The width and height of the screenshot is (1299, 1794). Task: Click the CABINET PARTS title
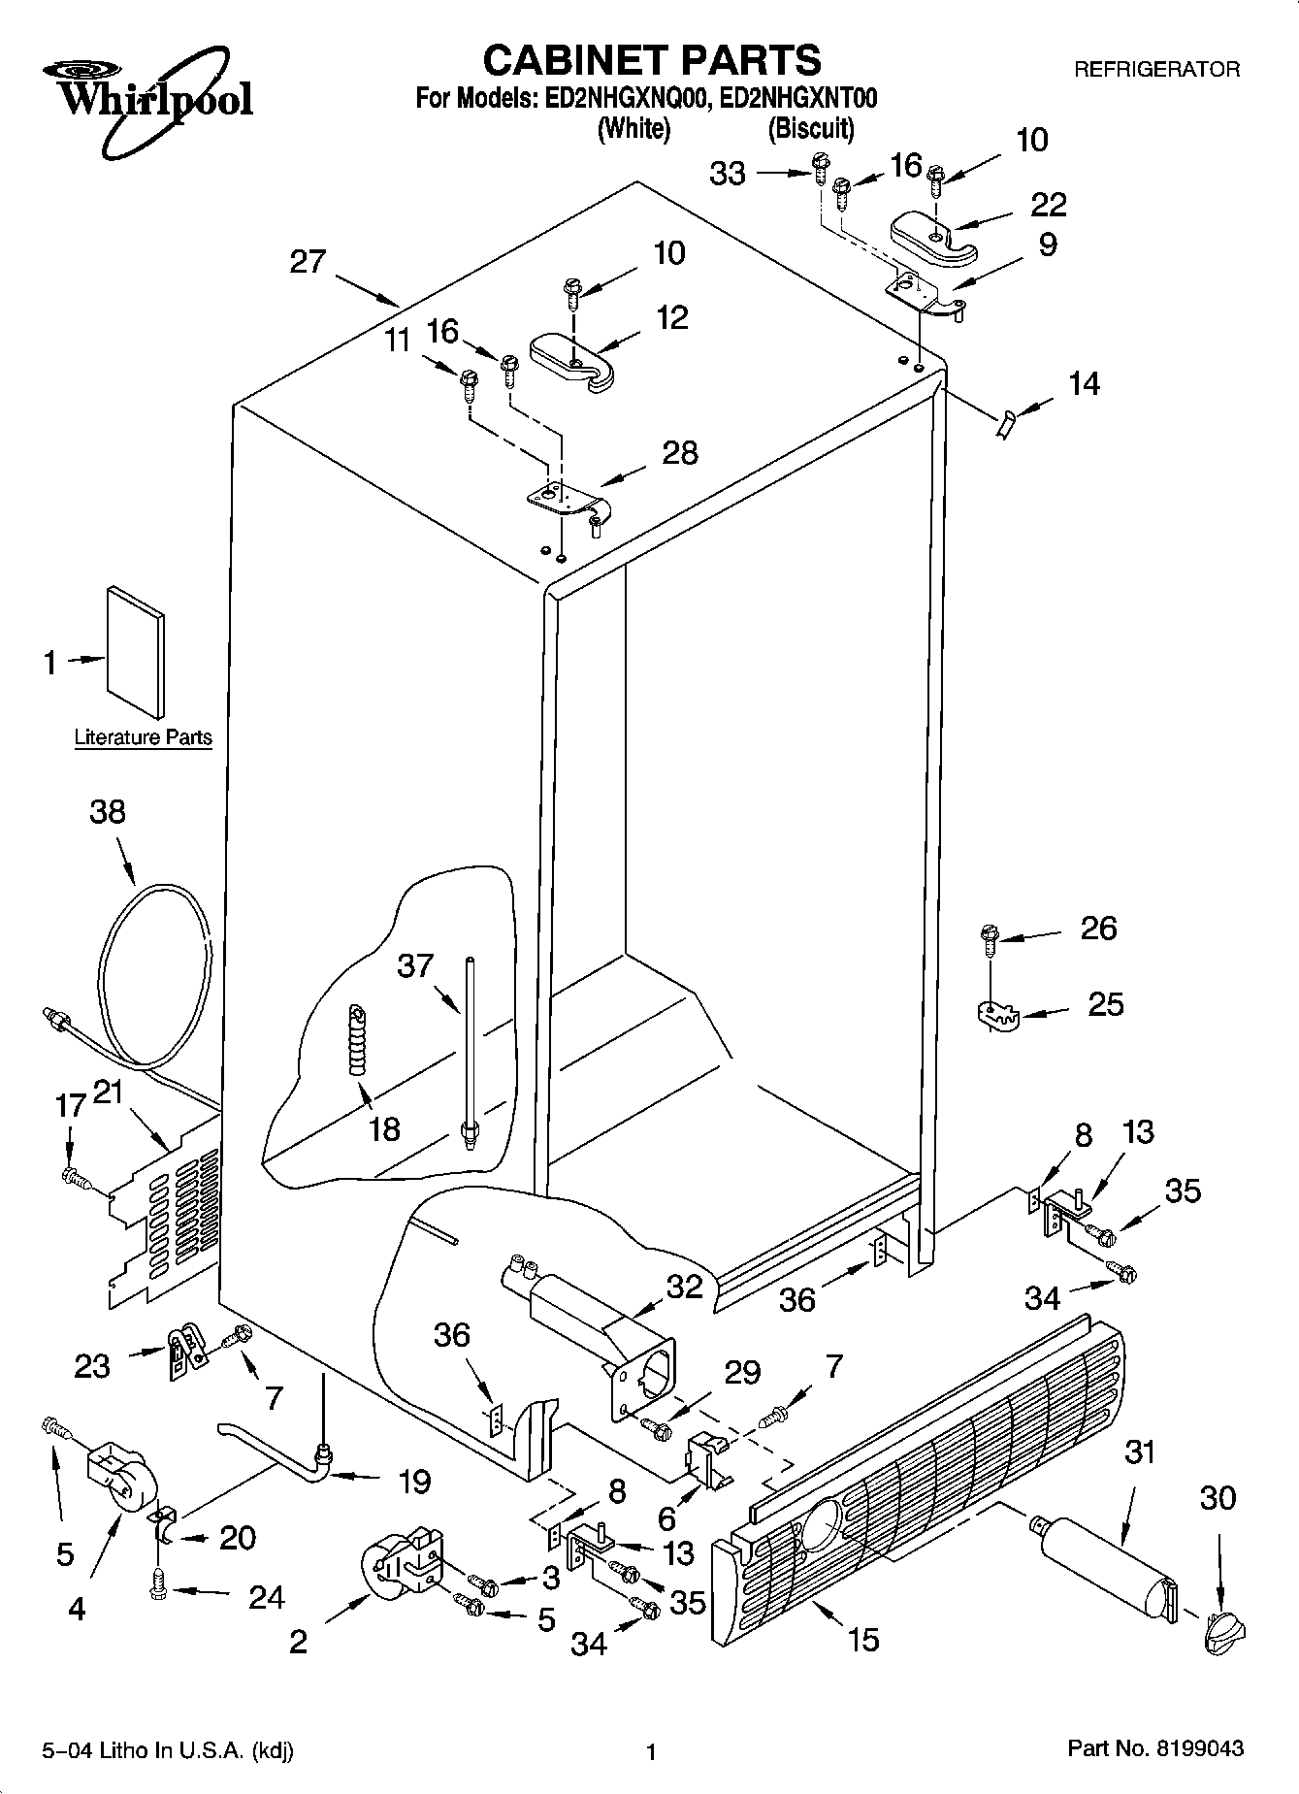pyautogui.click(x=651, y=60)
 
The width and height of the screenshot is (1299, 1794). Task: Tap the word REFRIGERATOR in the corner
pyautogui.click(x=1155, y=70)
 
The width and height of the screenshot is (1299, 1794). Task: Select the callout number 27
pyautogui.click(x=308, y=262)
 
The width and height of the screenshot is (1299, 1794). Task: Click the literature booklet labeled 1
pyautogui.click(x=136, y=655)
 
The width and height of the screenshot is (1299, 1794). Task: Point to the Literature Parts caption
pyautogui.click(x=143, y=737)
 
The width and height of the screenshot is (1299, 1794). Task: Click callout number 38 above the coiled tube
pyautogui.click(x=107, y=811)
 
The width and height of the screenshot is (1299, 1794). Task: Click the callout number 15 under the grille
pyautogui.click(x=862, y=1639)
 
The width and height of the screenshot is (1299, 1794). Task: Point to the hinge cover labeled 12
pyautogui.click(x=571, y=364)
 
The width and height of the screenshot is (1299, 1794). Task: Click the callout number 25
pyautogui.click(x=1105, y=1003)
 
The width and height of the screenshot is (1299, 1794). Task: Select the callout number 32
pyautogui.click(x=684, y=1286)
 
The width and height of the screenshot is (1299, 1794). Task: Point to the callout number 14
pyautogui.click(x=1084, y=384)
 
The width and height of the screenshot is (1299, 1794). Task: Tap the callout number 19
pyautogui.click(x=414, y=1482)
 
